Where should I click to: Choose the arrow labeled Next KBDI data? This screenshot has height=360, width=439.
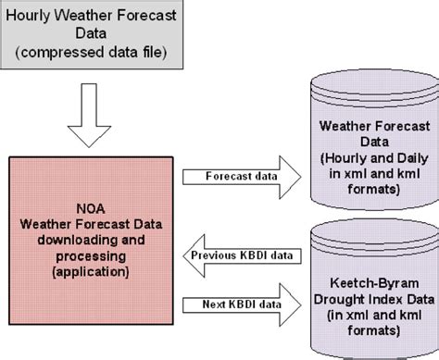244,302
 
